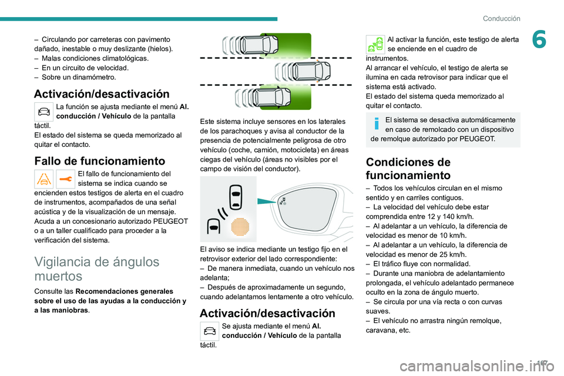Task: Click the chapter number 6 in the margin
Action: click(539, 41)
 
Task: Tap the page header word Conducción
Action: click(501, 18)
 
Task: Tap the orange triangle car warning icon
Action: click(44, 179)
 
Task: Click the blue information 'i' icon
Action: click(375, 123)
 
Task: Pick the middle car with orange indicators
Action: click(305, 72)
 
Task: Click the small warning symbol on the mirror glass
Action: click(283, 202)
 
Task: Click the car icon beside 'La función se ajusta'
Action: click(44, 110)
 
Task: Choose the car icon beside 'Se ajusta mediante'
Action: click(210, 331)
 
